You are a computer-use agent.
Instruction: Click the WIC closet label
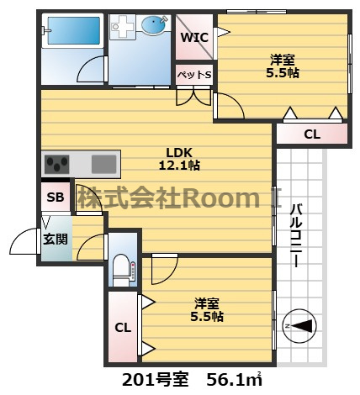point(194,37)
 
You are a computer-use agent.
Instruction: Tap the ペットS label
point(194,75)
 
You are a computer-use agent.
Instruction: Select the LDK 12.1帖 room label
point(179,159)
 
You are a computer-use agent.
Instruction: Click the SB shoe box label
point(56,197)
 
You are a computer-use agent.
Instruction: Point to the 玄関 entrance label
point(56,239)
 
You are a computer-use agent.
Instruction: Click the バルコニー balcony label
point(296,235)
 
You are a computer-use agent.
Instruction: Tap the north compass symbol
point(299,326)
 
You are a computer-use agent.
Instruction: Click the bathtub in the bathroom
point(74,30)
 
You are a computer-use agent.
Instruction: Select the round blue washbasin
point(153,25)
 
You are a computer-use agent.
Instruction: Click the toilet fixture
point(122,270)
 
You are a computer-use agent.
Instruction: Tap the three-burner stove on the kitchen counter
point(57,164)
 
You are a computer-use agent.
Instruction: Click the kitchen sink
point(103,164)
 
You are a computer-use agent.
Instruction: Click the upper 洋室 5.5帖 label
point(283,66)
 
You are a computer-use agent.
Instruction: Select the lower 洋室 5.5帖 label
point(207,310)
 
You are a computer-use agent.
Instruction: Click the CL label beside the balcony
point(312,134)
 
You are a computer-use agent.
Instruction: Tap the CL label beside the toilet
point(123,327)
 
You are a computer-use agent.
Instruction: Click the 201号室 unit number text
point(155,380)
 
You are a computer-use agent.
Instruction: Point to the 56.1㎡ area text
point(234,380)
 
